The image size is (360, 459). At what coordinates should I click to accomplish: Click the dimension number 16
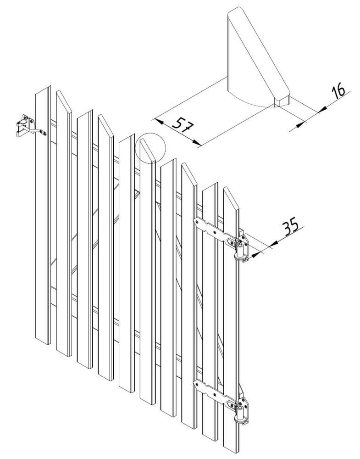338,90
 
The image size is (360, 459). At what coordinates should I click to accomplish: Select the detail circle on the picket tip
150,148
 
